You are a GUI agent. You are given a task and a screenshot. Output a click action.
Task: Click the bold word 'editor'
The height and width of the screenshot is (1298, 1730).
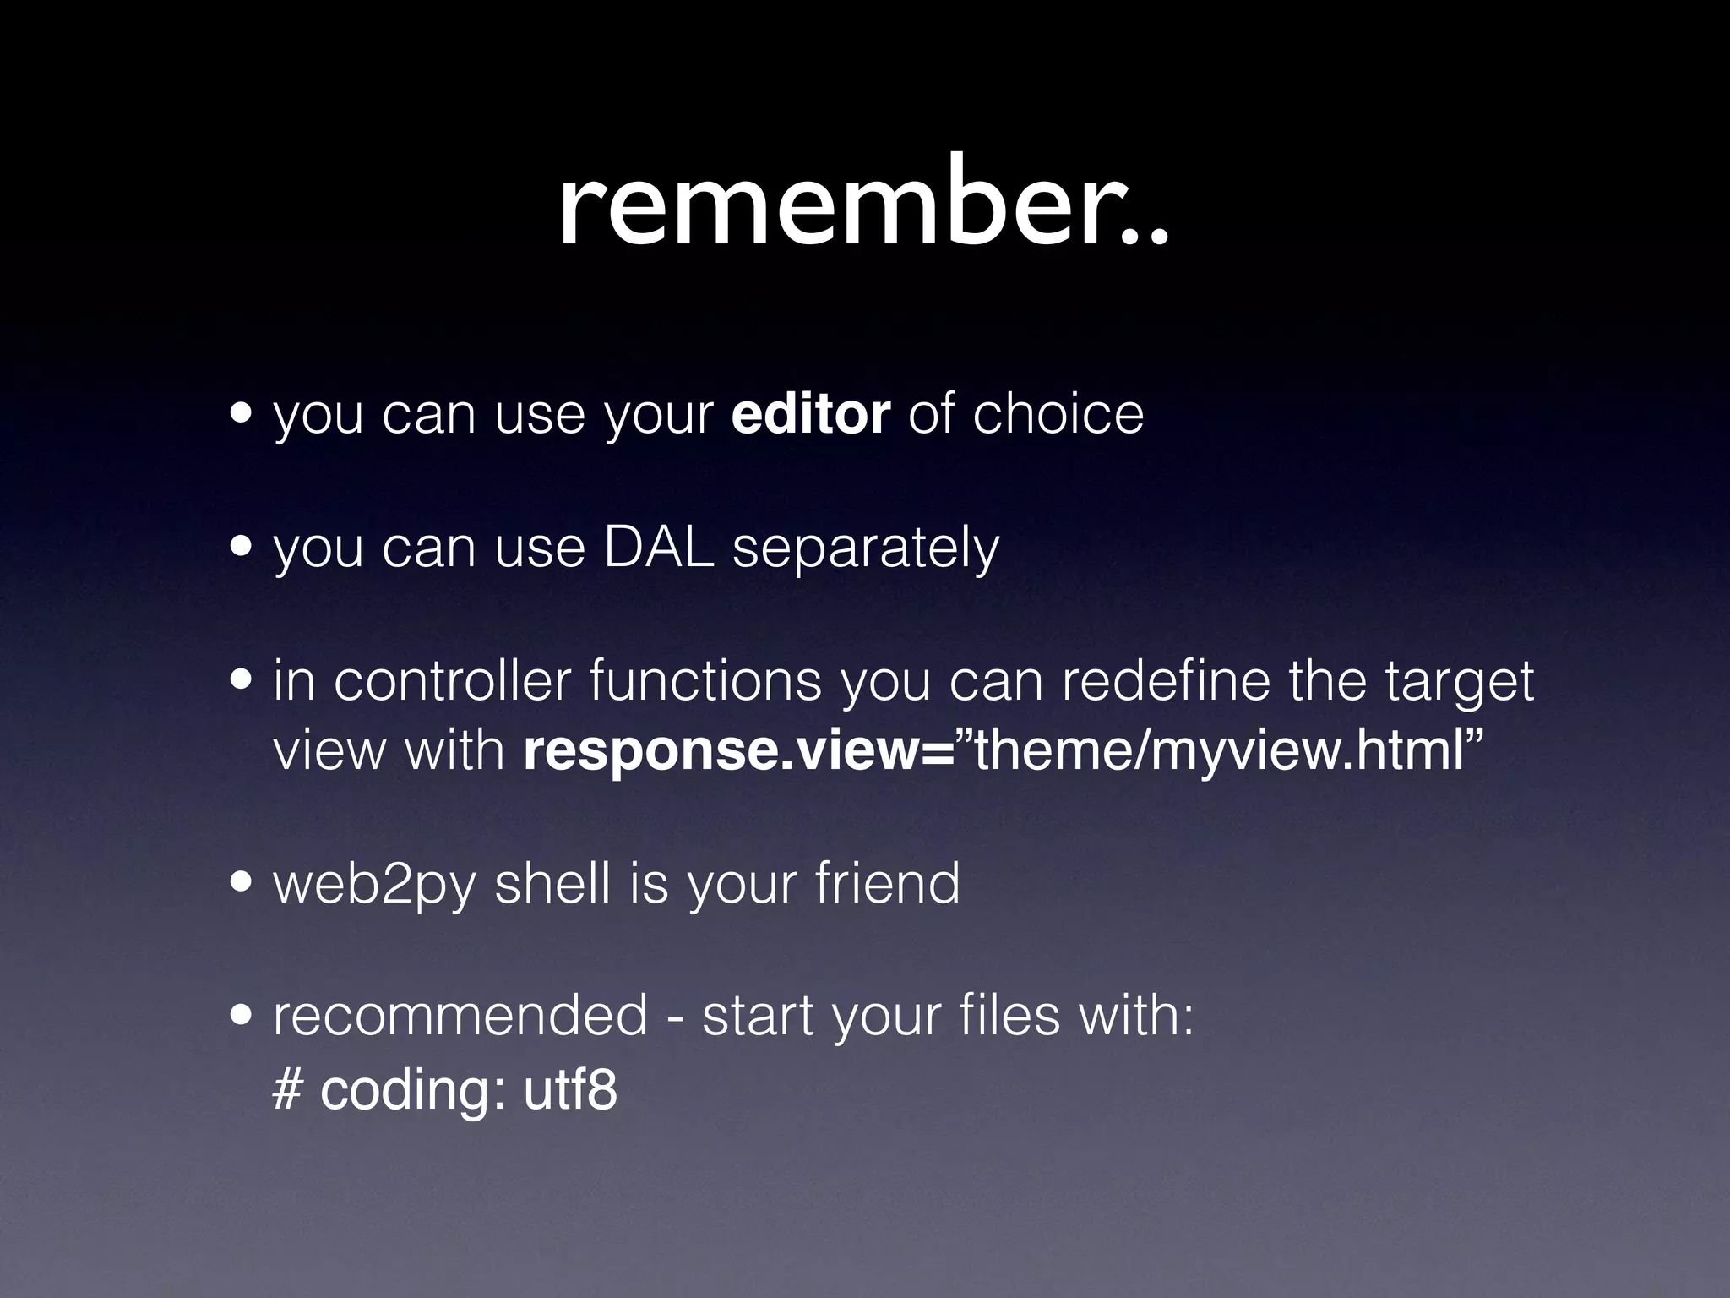(810, 415)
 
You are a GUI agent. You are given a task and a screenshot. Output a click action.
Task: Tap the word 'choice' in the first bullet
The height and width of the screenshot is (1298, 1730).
(1058, 415)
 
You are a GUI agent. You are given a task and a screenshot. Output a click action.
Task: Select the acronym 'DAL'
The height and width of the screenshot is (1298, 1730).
(658, 548)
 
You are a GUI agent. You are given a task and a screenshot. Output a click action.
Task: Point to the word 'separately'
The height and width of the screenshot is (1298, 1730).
(865, 549)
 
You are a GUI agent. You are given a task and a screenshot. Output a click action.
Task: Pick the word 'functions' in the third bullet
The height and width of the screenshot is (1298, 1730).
(705, 681)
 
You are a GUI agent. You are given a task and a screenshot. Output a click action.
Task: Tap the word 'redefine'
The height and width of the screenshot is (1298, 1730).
(1165, 681)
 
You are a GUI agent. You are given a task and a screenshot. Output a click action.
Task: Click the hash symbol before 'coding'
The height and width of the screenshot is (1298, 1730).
(287, 1091)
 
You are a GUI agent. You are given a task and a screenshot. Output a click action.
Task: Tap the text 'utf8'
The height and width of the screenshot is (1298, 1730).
(570, 1091)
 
